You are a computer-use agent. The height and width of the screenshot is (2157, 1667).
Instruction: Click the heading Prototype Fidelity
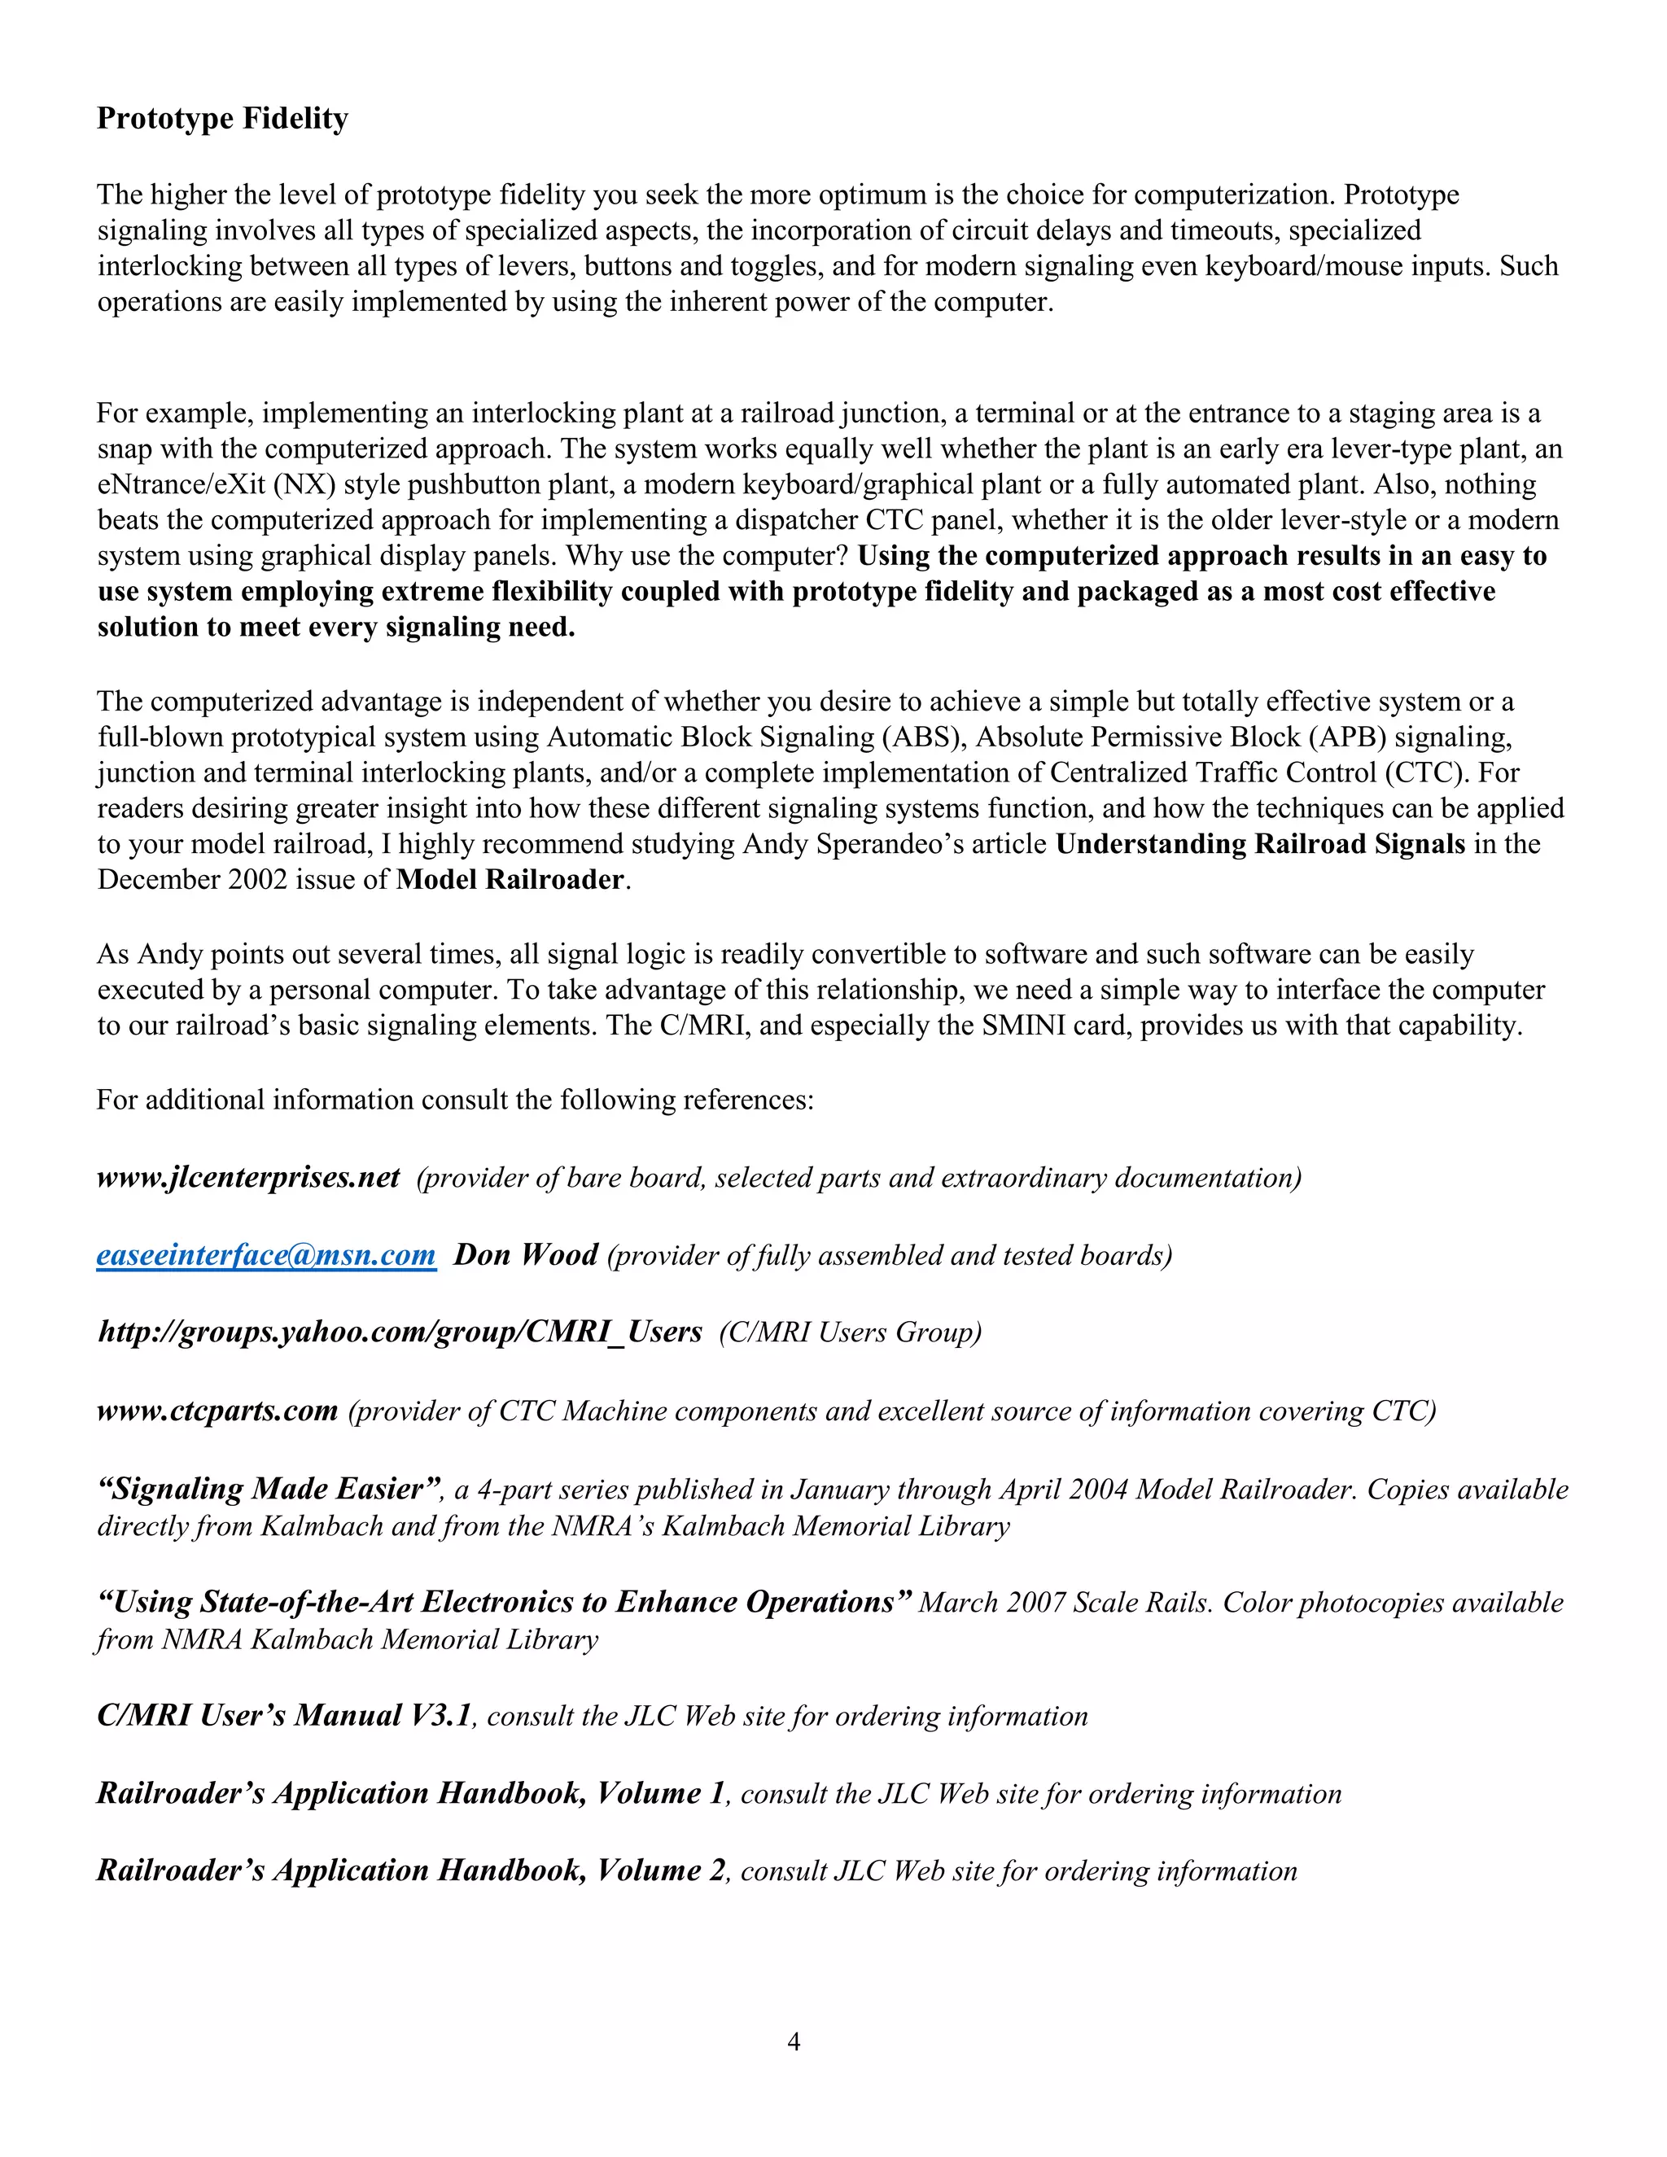(x=222, y=119)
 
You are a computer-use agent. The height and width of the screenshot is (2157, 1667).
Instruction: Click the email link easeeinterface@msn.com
(x=265, y=1255)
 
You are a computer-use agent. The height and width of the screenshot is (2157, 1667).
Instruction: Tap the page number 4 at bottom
(x=793, y=2041)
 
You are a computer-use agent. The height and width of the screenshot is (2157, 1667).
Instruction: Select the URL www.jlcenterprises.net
(x=248, y=1177)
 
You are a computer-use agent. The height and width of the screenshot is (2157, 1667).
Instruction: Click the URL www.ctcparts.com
(x=217, y=1411)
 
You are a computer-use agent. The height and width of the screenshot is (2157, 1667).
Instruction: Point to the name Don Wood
(x=525, y=1255)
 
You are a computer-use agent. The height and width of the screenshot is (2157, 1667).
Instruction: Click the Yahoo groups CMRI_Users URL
(x=399, y=1332)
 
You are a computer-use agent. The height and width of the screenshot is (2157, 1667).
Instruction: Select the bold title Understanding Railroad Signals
(x=1260, y=844)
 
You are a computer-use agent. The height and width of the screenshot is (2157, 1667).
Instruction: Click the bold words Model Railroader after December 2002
(x=510, y=880)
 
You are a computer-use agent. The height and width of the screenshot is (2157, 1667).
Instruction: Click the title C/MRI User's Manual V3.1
(x=284, y=1716)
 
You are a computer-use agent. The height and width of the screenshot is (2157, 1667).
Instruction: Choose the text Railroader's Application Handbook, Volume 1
(x=411, y=1793)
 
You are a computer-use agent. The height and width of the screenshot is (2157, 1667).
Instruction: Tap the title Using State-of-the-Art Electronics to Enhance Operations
(x=504, y=1602)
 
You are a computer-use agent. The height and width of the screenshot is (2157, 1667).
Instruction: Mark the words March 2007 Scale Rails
(x=1064, y=1603)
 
